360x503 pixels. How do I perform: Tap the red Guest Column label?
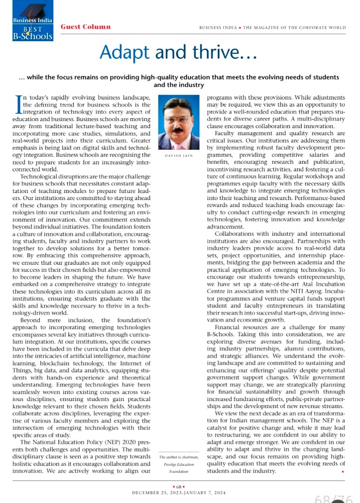click(85, 26)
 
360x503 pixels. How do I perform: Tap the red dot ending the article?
click(342, 472)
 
